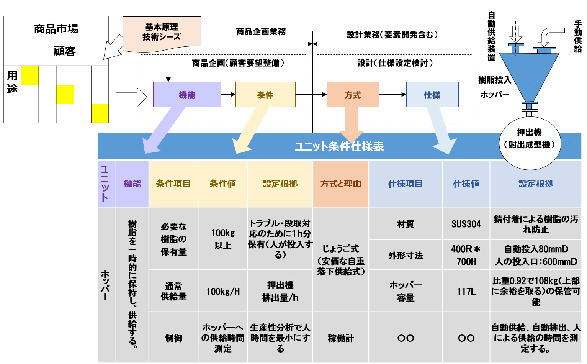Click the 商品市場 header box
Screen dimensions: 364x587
coord(56,29)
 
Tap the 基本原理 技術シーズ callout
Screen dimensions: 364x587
coord(162,33)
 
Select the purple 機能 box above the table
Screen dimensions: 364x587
coord(187,95)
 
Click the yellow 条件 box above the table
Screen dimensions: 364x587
coord(265,95)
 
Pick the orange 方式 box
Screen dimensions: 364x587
coord(352,95)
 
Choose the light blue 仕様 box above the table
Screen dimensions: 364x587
coord(432,95)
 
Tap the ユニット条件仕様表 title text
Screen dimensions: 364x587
coord(339,146)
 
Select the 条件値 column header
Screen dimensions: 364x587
coord(222,184)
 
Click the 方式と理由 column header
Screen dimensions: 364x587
coord(341,184)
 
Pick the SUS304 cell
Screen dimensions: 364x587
coord(466,224)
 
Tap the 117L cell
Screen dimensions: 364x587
coord(466,291)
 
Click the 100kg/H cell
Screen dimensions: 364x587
coord(222,291)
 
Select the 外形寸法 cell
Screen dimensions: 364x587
coord(406,255)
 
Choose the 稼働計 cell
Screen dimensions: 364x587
coord(341,338)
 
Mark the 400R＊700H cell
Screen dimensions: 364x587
coord(466,255)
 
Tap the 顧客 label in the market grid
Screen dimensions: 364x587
coord(65,51)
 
